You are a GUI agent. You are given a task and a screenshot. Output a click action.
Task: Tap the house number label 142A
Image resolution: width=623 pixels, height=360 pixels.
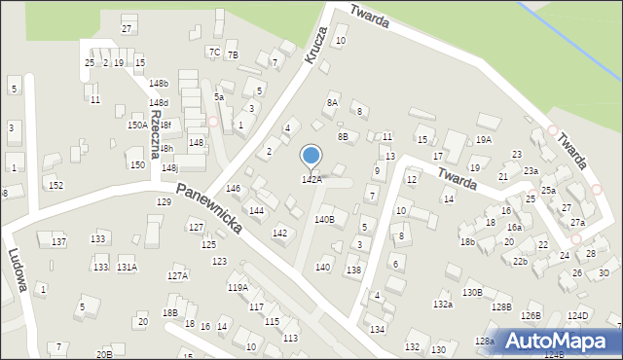pos(311,180)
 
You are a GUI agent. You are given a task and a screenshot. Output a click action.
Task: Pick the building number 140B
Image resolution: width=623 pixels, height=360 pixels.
pos(324,220)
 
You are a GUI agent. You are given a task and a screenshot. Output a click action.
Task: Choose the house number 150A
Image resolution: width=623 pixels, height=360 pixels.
pos(137,126)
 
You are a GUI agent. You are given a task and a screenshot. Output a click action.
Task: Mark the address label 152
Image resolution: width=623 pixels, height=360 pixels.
pos(56,186)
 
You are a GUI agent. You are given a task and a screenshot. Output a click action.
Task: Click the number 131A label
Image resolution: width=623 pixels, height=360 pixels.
pos(127,267)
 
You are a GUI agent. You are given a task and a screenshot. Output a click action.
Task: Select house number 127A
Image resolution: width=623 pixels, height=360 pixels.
pos(177,276)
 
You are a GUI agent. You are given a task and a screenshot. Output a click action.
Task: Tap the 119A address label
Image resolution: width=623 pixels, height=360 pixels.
pos(238,288)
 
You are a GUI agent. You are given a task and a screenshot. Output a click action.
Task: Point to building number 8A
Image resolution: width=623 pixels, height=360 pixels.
pos(332,102)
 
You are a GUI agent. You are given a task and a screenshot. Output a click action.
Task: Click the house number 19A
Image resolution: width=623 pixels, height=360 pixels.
pos(483,140)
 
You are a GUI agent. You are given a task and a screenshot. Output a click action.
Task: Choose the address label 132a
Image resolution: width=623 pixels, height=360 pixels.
pos(443,305)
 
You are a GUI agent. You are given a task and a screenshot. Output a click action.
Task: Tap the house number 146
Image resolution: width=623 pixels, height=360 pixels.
pos(233,189)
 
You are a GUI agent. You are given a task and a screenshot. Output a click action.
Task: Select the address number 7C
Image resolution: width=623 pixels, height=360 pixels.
pos(214,52)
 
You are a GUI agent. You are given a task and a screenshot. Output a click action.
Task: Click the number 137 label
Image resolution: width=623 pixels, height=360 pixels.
pos(58,241)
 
